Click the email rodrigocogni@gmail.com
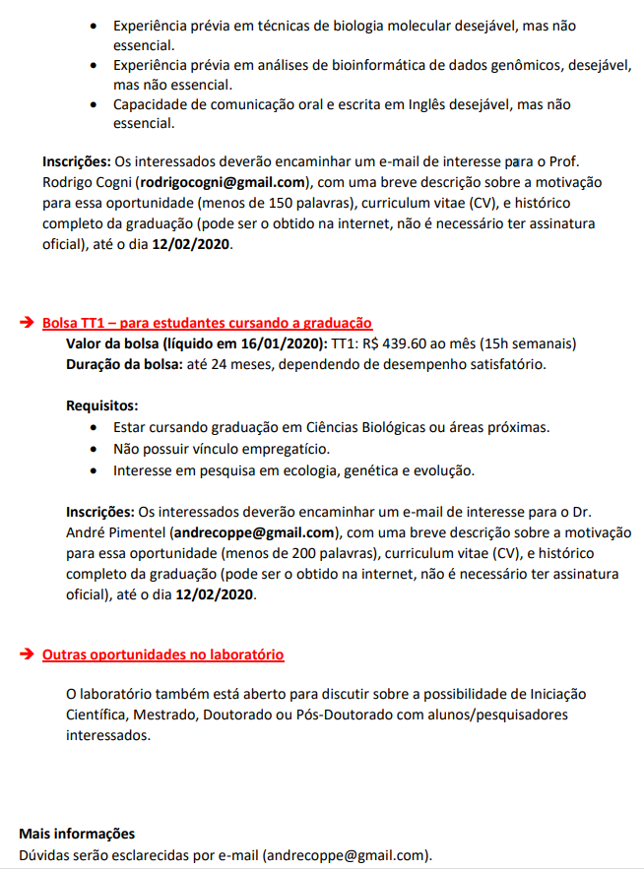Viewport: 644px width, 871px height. tap(222, 183)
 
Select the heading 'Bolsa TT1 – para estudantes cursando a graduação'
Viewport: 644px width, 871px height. tap(207, 323)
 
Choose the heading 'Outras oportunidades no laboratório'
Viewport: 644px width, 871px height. tap(163, 654)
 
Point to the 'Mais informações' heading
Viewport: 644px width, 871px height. tap(77, 834)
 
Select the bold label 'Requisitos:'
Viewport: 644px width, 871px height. tap(101, 405)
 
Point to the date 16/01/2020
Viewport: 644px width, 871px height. tap(281, 343)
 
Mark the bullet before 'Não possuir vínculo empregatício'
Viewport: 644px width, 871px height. tap(93, 449)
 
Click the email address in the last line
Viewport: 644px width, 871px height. tap(347, 855)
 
